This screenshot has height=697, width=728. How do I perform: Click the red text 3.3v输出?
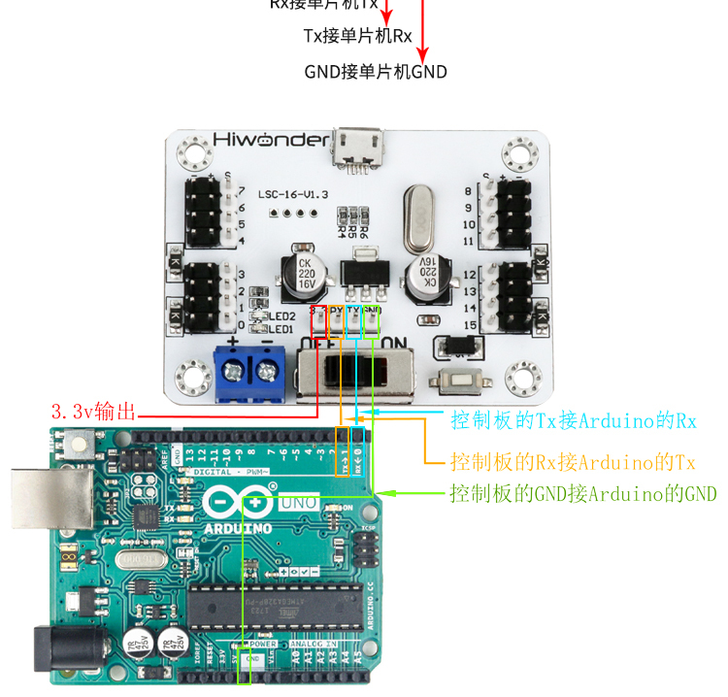[96, 412]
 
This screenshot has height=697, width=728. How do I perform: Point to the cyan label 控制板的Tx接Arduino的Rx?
[574, 421]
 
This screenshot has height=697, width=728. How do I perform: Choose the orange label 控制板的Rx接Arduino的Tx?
[574, 459]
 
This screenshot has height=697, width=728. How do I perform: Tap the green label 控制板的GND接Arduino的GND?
[582, 494]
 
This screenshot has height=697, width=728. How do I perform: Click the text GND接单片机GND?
[376, 71]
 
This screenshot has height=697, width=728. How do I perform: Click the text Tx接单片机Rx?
[357, 37]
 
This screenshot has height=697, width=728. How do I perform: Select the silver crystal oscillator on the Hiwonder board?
[418, 218]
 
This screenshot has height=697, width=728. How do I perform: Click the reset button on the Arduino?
[77, 447]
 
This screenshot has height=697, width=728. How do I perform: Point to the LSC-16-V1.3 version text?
[288, 194]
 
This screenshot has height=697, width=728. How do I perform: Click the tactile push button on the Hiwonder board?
[455, 382]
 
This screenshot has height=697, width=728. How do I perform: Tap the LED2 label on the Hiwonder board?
[282, 315]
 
